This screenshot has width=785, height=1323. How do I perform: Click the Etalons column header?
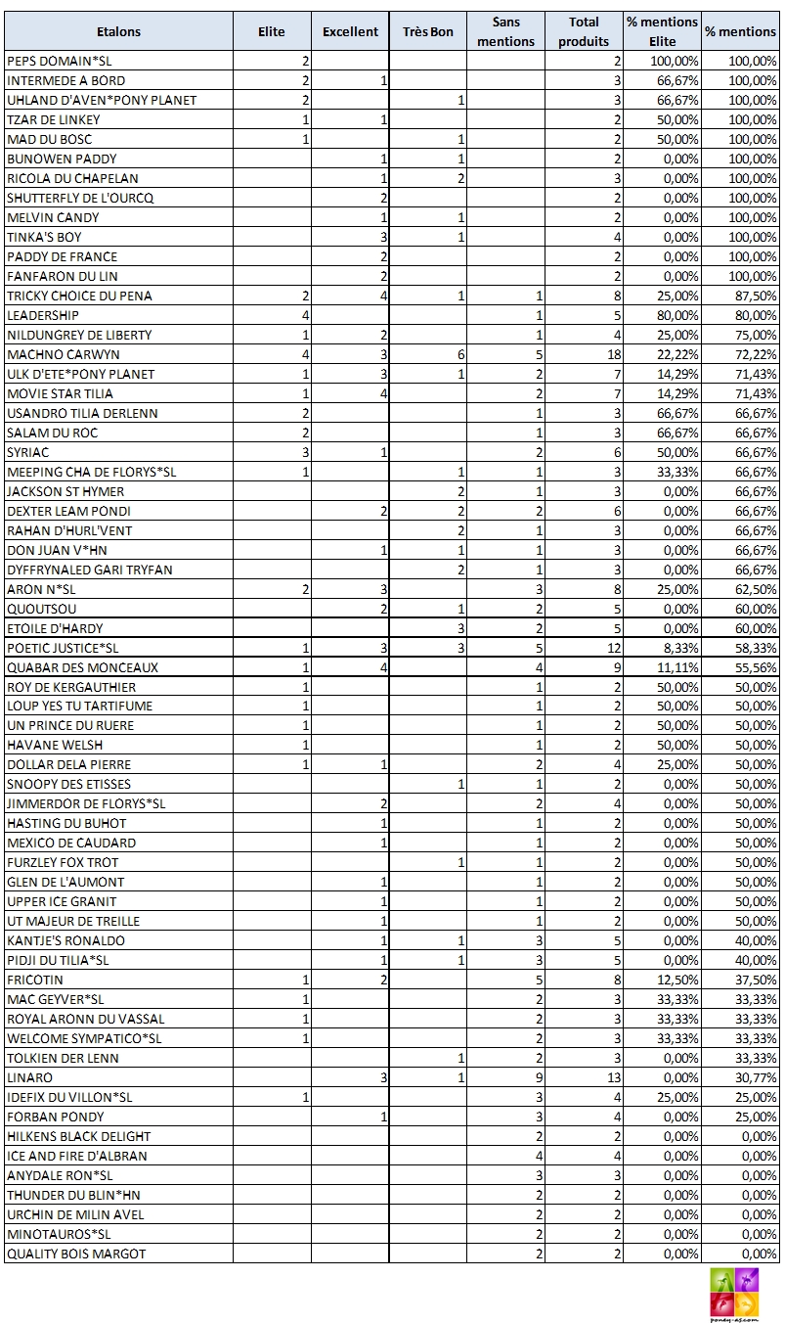pyautogui.click(x=118, y=31)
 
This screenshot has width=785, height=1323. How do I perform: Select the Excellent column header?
pyautogui.click(x=350, y=31)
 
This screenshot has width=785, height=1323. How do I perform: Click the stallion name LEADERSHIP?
pyautogui.click(x=43, y=315)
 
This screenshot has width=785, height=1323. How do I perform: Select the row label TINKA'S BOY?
pyautogui.click(x=45, y=237)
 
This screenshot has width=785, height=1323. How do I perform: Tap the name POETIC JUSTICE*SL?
pyautogui.click(x=63, y=648)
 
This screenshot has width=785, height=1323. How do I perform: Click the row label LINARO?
pyautogui.click(x=30, y=1077)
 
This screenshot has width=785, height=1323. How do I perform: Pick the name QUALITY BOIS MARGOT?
pyautogui.click(x=76, y=1254)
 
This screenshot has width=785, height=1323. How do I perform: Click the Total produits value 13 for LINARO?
pyautogui.click(x=614, y=1077)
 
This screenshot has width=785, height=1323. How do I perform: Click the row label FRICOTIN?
pyautogui.click(x=35, y=980)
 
